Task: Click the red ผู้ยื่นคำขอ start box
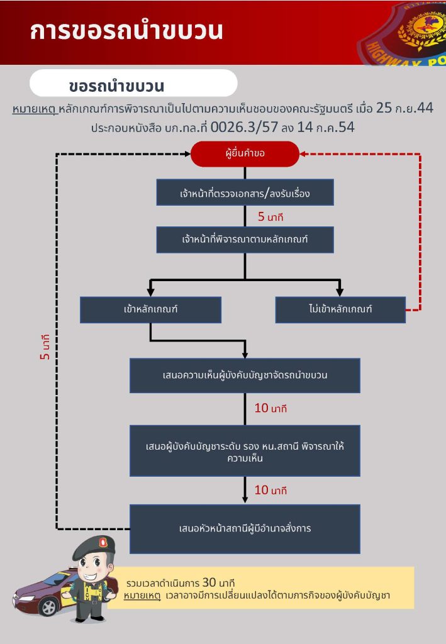pyautogui.click(x=245, y=154)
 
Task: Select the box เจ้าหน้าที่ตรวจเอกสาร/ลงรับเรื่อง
pyautogui.click(x=245, y=192)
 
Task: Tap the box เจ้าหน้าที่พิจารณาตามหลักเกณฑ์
pyautogui.click(x=245, y=240)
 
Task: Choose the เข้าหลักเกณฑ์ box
pyautogui.click(x=150, y=309)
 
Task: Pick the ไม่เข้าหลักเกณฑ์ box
pyautogui.click(x=340, y=309)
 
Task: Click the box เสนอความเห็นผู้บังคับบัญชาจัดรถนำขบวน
pyautogui.click(x=245, y=375)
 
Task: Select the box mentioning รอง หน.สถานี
pyautogui.click(x=245, y=451)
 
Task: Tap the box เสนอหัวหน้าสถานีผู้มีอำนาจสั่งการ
pyautogui.click(x=245, y=528)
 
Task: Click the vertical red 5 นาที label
pyautogui.click(x=45, y=347)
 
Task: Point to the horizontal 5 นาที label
pyautogui.click(x=271, y=217)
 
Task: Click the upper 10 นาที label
pyautogui.click(x=270, y=408)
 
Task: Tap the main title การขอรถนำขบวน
pyautogui.click(x=126, y=31)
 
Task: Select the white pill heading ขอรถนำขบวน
pyautogui.click(x=133, y=84)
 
